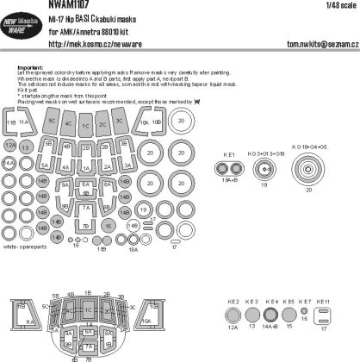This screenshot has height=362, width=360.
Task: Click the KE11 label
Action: click(x=323, y=302)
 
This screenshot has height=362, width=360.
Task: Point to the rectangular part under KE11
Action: click(x=324, y=320)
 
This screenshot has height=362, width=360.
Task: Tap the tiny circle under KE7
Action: click(x=306, y=316)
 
